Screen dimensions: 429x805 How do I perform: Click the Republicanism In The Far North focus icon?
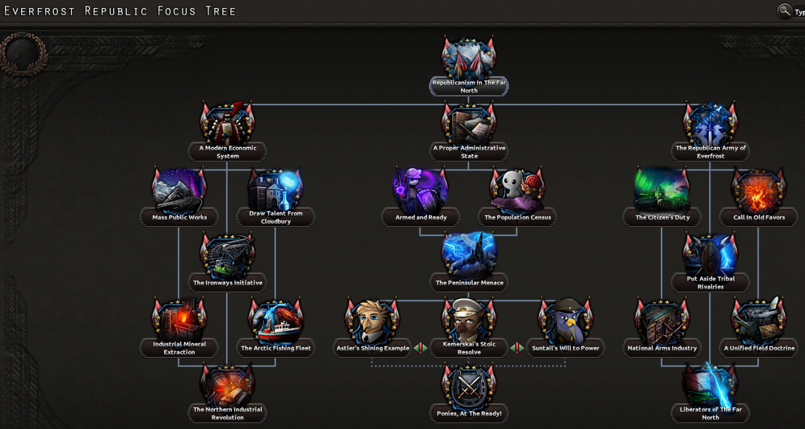click(x=468, y=59)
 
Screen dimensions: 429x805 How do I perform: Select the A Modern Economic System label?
click(x=227, y=152)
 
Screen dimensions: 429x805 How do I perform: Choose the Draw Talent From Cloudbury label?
click(x=275, y=217)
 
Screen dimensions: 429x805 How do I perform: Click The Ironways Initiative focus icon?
click(x=227, y=255)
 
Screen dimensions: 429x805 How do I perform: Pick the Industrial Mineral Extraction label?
click(x=179, y=348)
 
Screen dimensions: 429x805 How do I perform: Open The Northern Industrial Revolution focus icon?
click(x=227, y=386)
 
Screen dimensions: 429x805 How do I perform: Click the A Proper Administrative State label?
click(x=468, y=152)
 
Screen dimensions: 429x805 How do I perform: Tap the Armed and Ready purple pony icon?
click(x=420, y=190)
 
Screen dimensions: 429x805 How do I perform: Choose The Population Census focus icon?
click(x=517, y=190)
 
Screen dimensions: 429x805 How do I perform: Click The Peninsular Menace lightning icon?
click(x=468, y=255)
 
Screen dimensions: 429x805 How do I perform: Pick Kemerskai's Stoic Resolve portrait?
click(x=468, y=320)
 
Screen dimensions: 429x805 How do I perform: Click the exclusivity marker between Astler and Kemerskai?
click(x=420, y=348)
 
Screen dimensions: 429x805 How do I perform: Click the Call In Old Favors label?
click(x=759, y=217)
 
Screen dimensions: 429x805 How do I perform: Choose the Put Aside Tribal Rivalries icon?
click(x=710, y=255)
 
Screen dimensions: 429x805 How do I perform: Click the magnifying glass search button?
click(x=785, y=11)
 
